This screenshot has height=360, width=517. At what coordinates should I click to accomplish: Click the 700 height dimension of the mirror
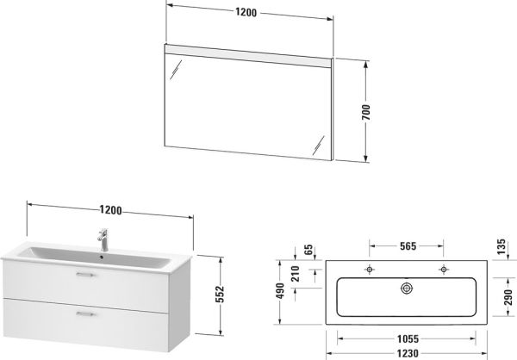pos(366,112)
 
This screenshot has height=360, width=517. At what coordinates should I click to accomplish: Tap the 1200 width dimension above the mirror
pos(246,12)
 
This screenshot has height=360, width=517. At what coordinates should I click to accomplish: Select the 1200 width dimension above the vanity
pos(111,210)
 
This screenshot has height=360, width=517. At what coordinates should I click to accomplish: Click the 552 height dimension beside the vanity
pos(221,294)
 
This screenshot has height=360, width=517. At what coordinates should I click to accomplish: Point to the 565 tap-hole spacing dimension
pos(408,246)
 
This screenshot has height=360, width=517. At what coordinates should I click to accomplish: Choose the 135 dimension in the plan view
pos(501,246)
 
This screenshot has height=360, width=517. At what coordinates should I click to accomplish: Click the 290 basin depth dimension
pos(508,297)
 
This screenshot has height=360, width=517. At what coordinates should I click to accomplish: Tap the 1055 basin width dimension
pos(408,339)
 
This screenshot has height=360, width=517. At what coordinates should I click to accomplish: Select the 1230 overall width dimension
pos(408,354)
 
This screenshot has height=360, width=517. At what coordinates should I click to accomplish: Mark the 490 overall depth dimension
pos(280,291)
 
